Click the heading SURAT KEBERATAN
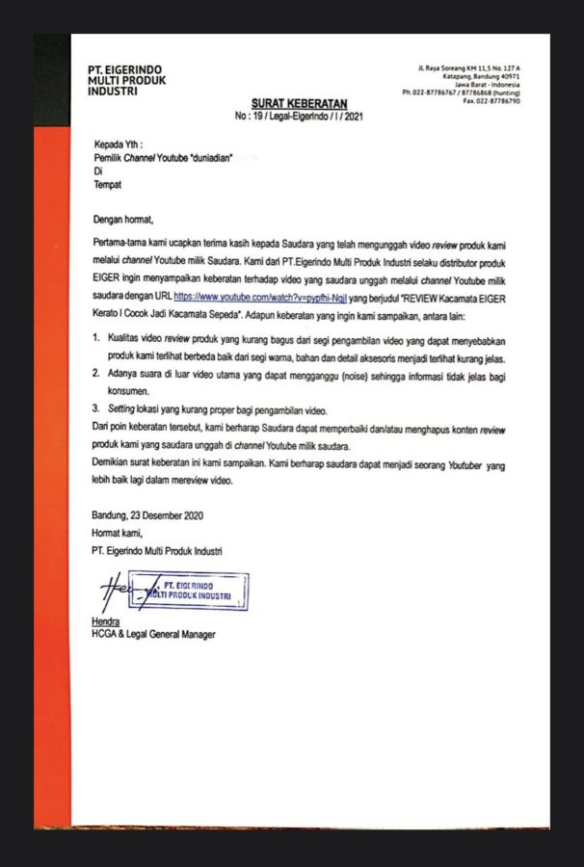pyautogui.click(x=299, y=103)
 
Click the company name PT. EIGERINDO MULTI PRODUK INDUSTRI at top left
pyautogui.click(x=126, y=81)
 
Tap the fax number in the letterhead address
pyautogui.click(x=491, y=101)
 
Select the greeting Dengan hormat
pyautogui.click(x=124, y=219)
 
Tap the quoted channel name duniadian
pyautogui.click(x=209, y=158)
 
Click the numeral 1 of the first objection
pyautogui.click(x=96, y=340)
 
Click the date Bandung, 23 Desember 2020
pyautogui.click(x=147, y=514)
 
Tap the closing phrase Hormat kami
pyautogui.click(x=118, y=532)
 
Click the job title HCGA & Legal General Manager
pyautogui.click(x=153, y=635)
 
